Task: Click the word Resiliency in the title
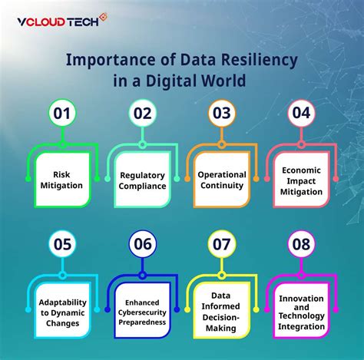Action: pos(259,61)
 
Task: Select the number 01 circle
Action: pos(62,113)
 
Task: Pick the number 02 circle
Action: pos(142,113)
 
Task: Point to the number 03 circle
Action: pos(222,113)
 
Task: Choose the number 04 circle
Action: pos(301,113)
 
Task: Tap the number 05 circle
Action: pos(62,244)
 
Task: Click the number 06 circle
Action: pos(142,244)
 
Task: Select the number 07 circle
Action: pos(222,244)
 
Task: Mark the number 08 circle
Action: pos(301,244)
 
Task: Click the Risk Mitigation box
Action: pos(62,180)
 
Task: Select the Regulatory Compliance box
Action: pos(142,180)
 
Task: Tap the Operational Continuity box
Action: pos(222,180)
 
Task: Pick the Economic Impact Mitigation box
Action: pos(301,180)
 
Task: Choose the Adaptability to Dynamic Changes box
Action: pos(62,311)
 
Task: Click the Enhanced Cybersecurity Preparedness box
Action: pos(142,311)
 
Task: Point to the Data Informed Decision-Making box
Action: pos(222,311)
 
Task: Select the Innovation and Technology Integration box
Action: pos(301,311)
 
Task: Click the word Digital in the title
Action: pos(170,81)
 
